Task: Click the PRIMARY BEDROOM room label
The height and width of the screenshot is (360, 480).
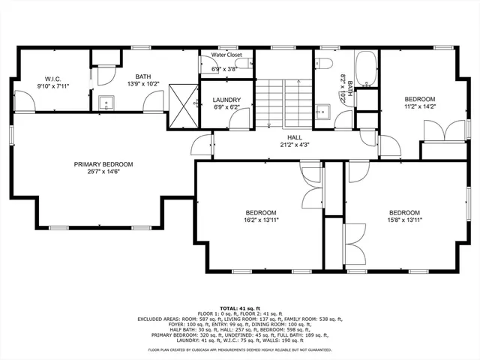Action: click(103, 164)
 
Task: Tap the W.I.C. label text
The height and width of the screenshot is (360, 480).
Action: click(52, 78)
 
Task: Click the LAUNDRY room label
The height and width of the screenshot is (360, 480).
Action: click(226, 100)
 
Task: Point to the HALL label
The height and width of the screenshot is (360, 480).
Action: click(295, 138)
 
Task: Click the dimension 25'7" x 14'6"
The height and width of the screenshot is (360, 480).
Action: click(103, 172)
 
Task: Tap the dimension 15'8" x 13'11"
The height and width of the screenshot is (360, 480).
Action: click(403, 220)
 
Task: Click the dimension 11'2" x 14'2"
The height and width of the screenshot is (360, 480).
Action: click(419, 107)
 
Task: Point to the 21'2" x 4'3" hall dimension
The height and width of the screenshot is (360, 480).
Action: click(295, 145)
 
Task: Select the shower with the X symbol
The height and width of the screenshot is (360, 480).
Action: click(182, 98)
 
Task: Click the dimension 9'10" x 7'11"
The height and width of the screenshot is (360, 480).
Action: click(52, 86)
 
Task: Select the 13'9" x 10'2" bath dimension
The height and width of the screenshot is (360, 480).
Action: click(142, 85)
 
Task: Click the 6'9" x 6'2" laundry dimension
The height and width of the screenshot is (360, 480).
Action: click(226, 108)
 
